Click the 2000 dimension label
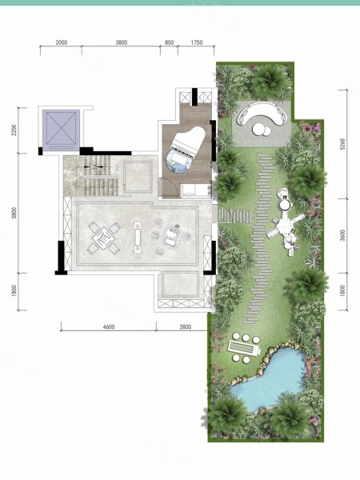pyautogui.click(x=62, y=42)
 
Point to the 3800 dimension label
pyautogui.click(x=122, y=42)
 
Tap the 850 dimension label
pyautogui.click(x=170, y=42)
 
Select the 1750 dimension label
pyautogui.click(x=197, y=42)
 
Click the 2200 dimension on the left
pyautogui.click(x=14, y=130)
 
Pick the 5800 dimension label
pyautogui.click(x=14, y=213)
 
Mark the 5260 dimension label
pyautogui.click(x=342, y=144)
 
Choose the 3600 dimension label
pyautogui.click(x=342, y=235)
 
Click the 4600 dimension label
pyautogui.click(x=109, y=327)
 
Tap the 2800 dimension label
pyautogui.click(x=186, y=327)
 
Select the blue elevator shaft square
pyautogui.click(x=61, y=130)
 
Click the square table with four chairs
pyautogui.click(x=104, y=238)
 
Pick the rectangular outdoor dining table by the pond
pyautogui.click(x=243, y=348)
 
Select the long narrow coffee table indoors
pyautogui.click(x=138, y=238)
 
